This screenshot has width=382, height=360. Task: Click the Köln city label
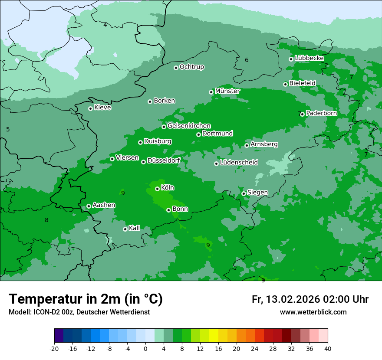[168, 188]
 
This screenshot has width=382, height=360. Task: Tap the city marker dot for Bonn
[168, 210]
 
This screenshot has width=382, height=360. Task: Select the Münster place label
[227, 91]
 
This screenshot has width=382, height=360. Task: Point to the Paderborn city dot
[302, 114]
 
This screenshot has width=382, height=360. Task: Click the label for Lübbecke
[309, 58]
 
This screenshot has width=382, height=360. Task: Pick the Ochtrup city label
[191, 67]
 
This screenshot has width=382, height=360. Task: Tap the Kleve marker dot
[90, 108]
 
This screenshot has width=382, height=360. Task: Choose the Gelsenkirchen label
[189, 126]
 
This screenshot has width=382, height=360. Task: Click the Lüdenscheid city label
[239, 163]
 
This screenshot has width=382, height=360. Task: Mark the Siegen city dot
[244, 193]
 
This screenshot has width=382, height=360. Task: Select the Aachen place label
[104, 205]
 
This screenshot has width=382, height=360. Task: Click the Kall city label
[135, 228]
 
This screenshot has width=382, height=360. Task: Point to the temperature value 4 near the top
[105, 25]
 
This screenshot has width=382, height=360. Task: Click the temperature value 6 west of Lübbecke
[247, 60]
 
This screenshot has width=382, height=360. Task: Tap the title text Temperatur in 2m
[86, 299]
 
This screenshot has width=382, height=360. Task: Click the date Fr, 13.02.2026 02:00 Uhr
[310, 299]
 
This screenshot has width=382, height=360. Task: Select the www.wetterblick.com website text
[313, 312]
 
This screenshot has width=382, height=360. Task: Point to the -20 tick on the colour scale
[54, 349]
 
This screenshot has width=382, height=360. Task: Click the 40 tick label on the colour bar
[328, 349]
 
